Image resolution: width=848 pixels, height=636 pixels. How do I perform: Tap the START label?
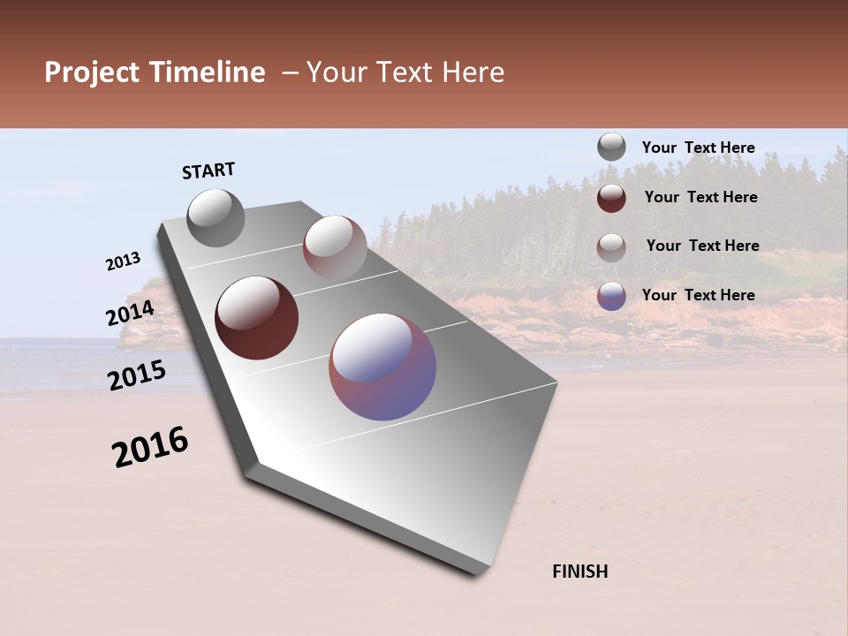coord(208,170)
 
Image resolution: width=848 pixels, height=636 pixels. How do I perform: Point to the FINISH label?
coord(580,572)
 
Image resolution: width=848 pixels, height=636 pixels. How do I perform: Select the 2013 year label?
coord(124,261)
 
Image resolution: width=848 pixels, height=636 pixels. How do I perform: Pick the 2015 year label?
coord(137,375)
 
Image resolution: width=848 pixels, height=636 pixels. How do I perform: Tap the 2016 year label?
coord(150,447)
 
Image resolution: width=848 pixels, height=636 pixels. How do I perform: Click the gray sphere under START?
coord(216,217)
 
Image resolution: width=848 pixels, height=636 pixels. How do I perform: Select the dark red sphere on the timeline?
coord(256,318)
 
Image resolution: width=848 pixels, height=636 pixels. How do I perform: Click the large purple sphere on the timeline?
coord(382,366)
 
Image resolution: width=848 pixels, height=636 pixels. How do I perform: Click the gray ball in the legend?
coord(611,147)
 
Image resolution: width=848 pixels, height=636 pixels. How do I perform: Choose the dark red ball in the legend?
coord(611,197)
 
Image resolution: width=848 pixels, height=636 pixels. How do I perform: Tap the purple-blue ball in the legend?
coord(611,295)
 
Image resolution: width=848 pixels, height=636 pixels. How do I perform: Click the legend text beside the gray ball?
coord(698,148)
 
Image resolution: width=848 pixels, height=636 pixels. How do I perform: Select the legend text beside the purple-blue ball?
coord(698,295)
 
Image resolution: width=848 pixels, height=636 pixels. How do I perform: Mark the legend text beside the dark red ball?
coord(700,197)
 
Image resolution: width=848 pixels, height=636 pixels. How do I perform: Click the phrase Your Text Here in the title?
coord(405,72)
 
